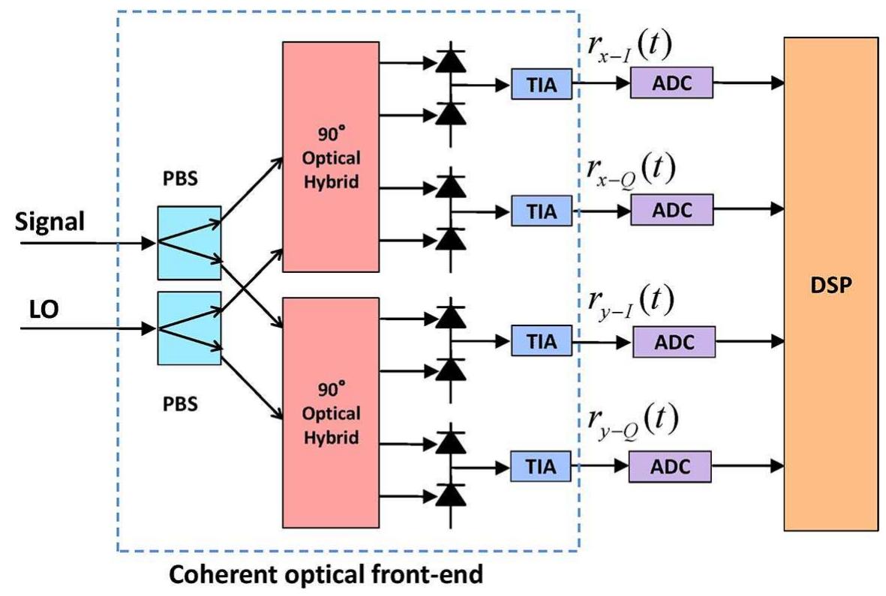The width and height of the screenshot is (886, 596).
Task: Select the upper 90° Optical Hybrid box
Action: (x=330, y=157)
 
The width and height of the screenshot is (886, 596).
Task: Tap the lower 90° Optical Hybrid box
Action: (x=330, y=412)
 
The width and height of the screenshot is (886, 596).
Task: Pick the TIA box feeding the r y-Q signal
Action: (x=542, y=466)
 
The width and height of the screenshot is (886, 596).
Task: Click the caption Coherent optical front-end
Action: (x=325, y=575)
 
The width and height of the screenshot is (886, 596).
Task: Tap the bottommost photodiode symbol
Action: (x=449, y=493)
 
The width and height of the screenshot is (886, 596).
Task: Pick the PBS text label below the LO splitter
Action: (x=180, y=403)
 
